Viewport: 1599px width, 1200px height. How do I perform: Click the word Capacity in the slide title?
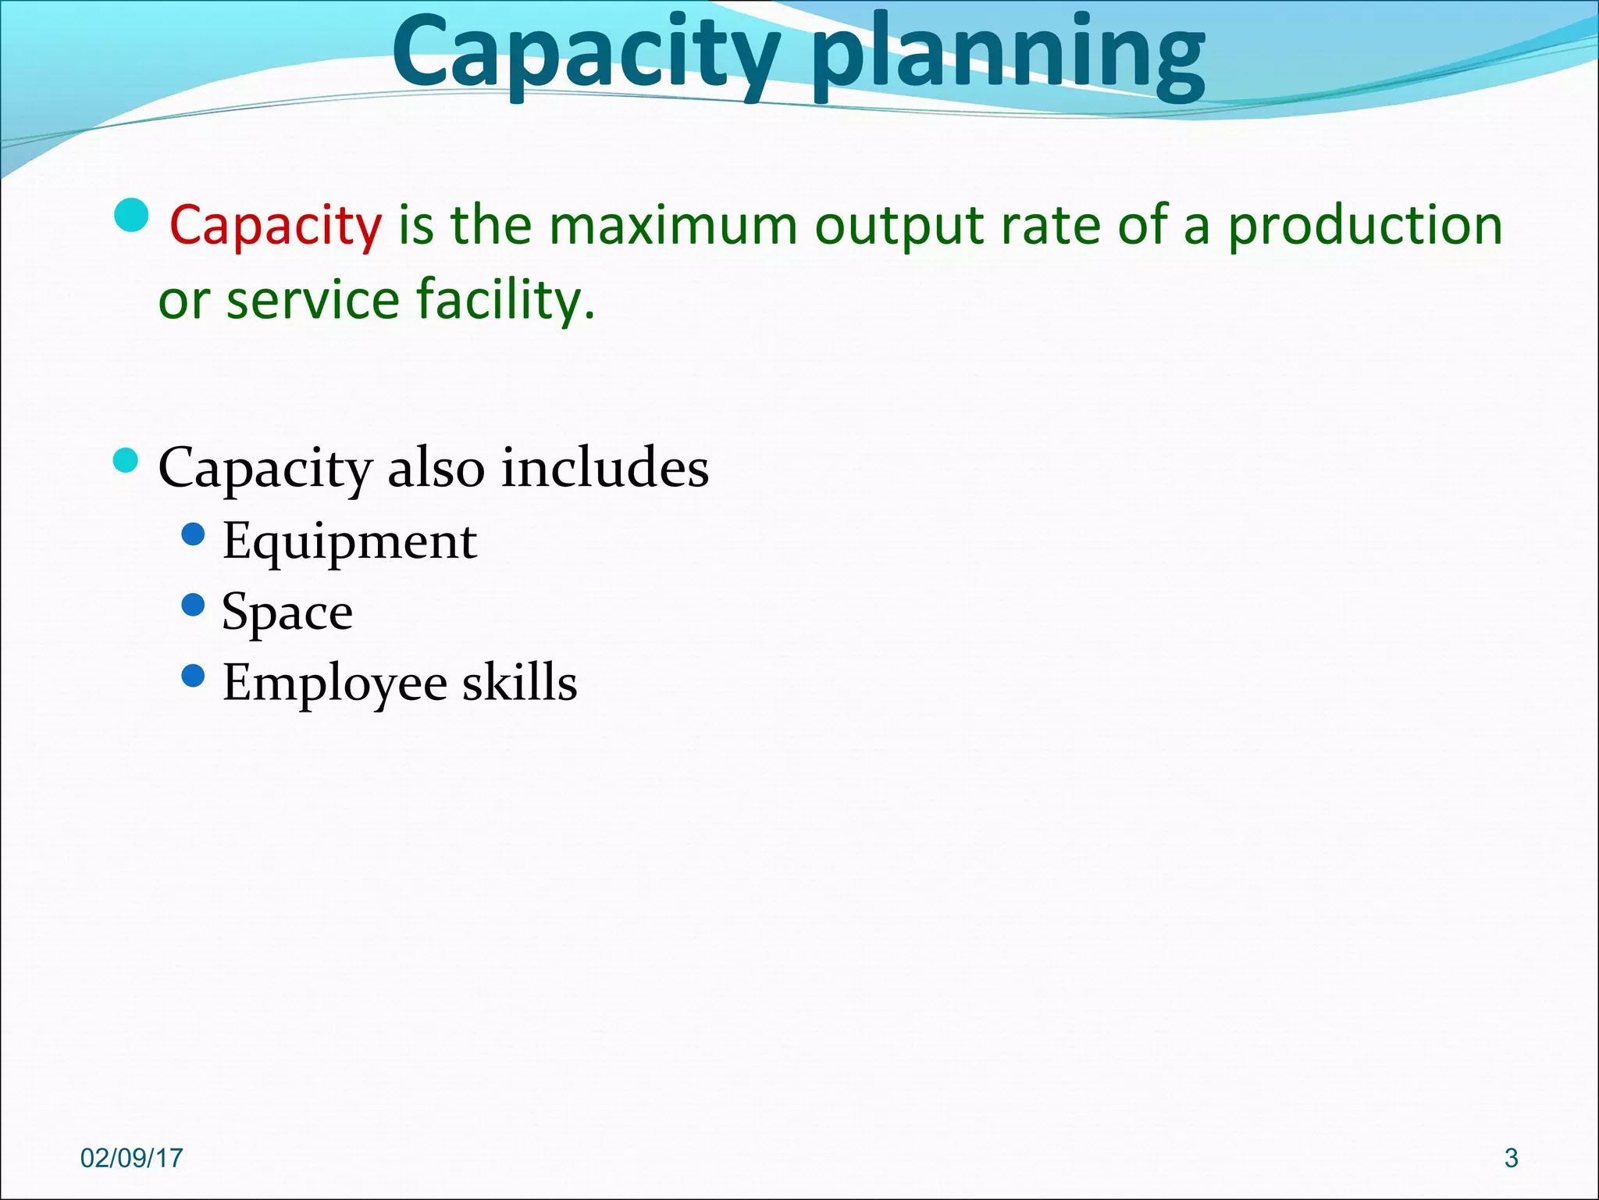coord(586,55)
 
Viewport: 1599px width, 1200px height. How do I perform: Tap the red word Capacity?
coord(276,226)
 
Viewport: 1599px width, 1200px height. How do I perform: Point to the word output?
coord(899,227)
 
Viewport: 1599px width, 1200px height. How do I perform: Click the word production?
coord(1366,227)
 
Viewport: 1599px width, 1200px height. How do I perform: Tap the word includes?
coord(604,468)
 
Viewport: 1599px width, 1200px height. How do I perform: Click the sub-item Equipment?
coord(349,541)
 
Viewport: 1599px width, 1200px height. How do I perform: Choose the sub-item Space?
coord(287,612)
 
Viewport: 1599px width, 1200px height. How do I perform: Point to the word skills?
coord(519,682)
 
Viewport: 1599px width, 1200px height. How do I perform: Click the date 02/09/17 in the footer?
coord(131,1158)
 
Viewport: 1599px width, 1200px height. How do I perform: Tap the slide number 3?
coord(1511,1158)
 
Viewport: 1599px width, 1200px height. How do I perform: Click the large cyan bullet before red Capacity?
coord(130,215)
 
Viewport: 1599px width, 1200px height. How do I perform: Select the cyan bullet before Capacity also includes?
coord(125,461)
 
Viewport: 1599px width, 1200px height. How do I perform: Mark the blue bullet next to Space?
coord(192,604)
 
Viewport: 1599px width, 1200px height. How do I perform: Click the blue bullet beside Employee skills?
coord(192,675)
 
